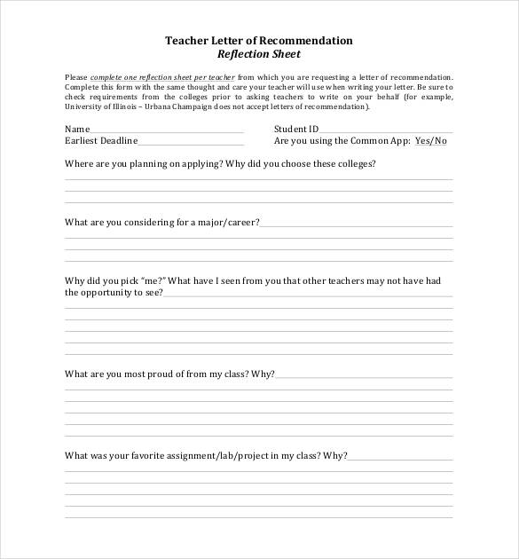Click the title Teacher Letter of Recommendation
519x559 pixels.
[x=259, y=41]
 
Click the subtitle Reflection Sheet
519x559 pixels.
[x=259, y=54]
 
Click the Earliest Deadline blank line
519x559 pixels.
[x=190, y=142]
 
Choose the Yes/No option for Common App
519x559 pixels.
[x=431, y=141]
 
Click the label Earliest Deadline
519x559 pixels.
[x=100, y=141]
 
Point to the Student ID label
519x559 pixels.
[x=295, y=130]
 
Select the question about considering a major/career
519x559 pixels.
[x=162, y=223]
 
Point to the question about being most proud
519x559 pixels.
[x=169, y=374]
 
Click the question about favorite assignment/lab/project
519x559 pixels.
[x=206, y=456]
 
